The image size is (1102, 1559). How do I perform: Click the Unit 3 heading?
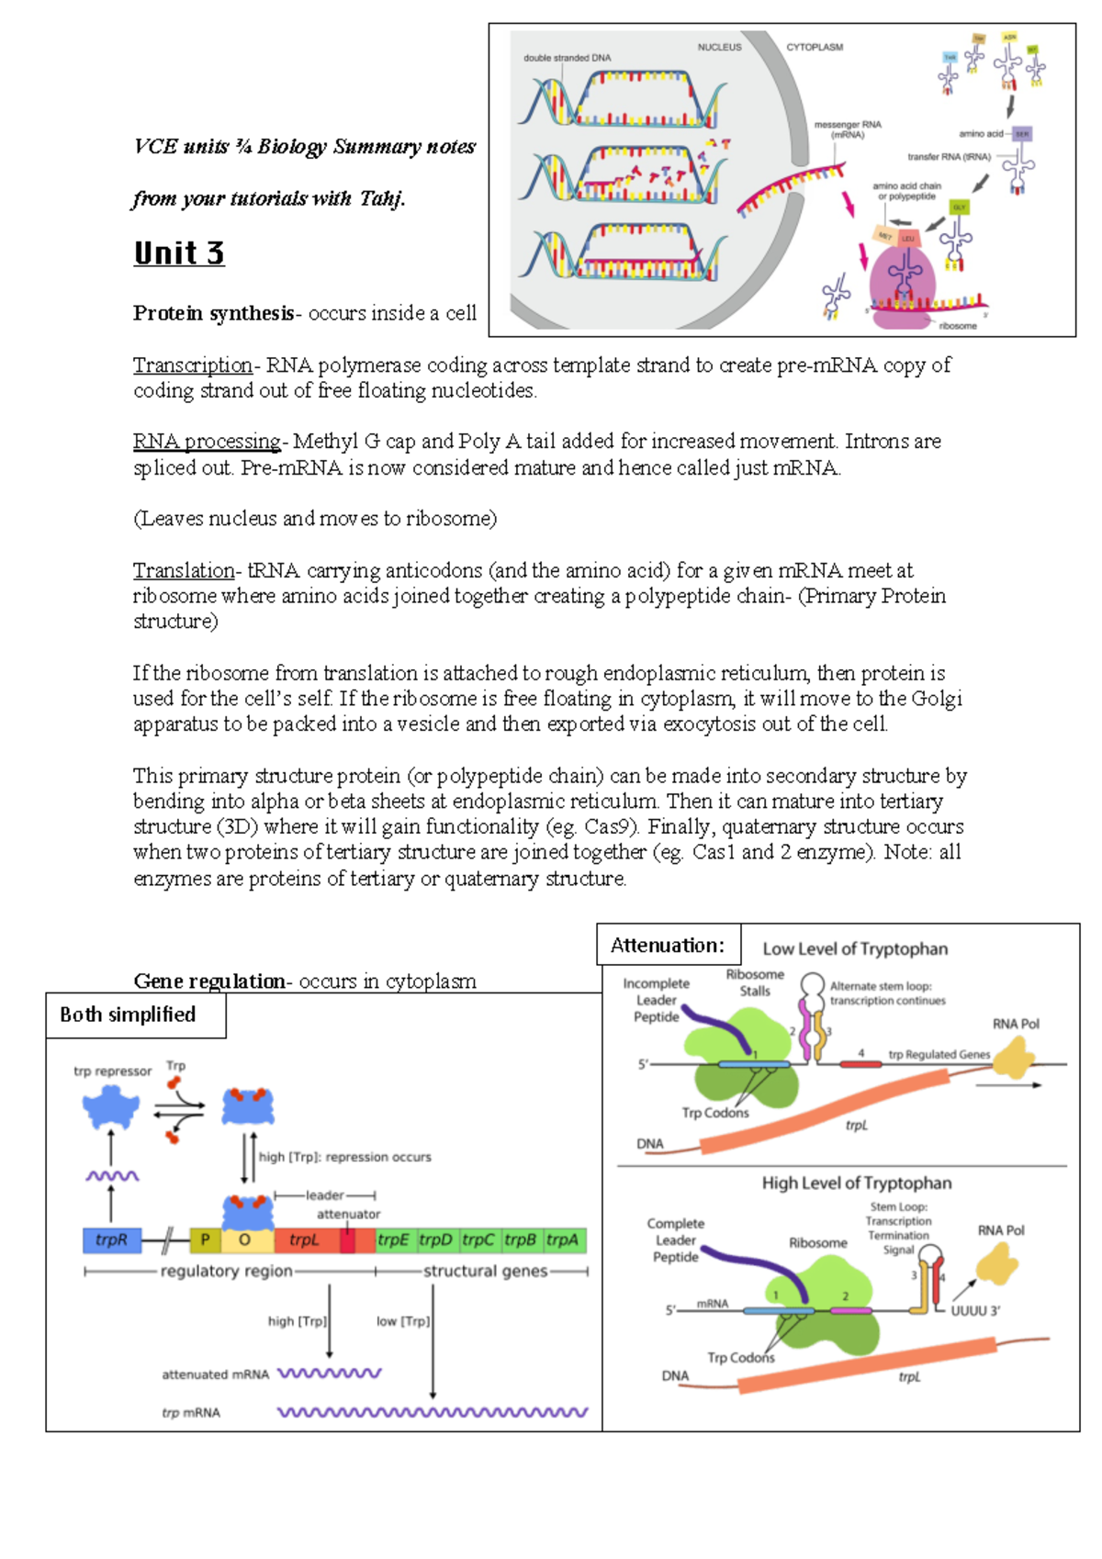point(179,253)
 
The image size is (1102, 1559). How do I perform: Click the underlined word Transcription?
point(192,365)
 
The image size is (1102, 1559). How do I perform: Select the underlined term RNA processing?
point(208,442)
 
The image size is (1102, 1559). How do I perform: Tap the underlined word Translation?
point(184,571)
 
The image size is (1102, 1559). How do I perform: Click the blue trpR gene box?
point(111,1240)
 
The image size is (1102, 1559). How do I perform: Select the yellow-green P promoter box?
point(205,1240)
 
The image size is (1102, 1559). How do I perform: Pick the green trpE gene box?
point(393,1240)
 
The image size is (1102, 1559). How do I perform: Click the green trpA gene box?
point(563,1240)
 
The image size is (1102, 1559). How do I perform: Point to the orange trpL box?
point(305,1240)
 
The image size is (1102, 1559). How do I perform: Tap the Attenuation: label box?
point(668,945)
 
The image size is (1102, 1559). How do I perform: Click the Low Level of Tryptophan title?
point(855,949)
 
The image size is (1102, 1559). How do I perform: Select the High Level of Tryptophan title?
point(856,1183)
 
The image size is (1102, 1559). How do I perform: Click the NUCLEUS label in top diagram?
point(719,48)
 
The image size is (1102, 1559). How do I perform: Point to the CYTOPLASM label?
point(815,48)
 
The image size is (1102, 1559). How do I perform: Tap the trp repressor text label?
point(112,1071)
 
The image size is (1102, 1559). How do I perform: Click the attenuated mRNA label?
point(215,1374)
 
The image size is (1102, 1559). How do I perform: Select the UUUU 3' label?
point(975,1311)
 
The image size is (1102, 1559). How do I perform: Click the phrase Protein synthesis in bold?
point(213,314)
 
